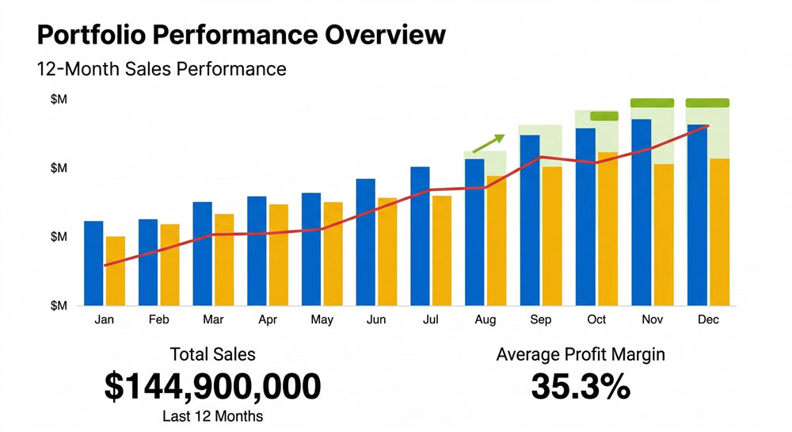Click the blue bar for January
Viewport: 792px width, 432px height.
click(93, 263)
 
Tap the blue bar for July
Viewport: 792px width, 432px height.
click(420, 236)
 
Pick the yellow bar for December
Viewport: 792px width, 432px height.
click(719, 231)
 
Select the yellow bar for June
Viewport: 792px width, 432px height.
click(387, 251)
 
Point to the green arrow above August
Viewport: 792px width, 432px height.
click(488, 143)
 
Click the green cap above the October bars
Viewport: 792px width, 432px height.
click(604, 116)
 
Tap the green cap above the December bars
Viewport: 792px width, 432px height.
click(707, 102)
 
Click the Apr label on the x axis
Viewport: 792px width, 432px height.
click(267, 319)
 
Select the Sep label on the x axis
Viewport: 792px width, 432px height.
click(541, 319)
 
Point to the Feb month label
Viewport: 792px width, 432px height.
click(158, 319)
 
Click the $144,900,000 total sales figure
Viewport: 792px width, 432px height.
click(212, 386)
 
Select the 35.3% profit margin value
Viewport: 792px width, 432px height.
click(581, 386)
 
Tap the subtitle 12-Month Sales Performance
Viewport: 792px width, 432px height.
click(161, 69)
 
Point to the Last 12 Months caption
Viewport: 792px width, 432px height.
click(212, 416)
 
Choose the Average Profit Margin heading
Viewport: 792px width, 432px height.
click(581, 354)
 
